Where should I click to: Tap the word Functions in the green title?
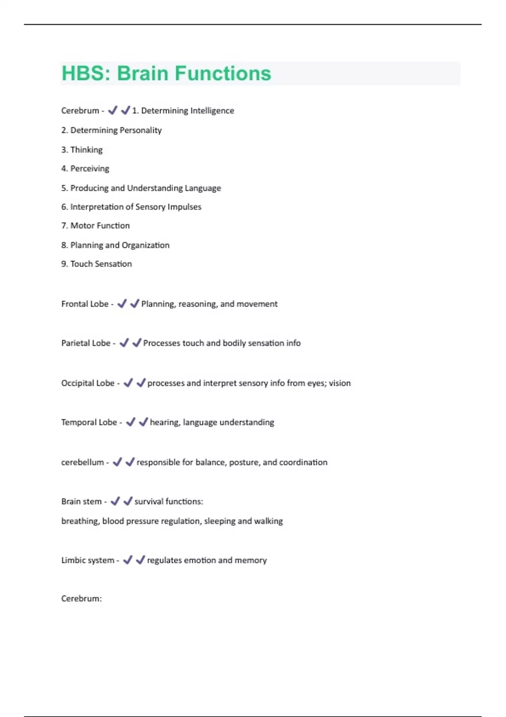point(223,73)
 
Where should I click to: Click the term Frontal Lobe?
point(85,304)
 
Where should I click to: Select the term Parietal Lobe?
point(86,343)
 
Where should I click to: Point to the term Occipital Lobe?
point(88,383)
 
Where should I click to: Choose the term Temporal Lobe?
point(89,423)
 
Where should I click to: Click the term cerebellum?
point(82,462)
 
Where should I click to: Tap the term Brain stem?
point(81,501)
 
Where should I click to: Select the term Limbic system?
point(88,561)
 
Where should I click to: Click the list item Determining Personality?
point(116,130)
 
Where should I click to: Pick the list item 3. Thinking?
point(82,150)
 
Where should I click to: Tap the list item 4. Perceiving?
point(85,169)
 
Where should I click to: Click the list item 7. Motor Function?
point(95,226)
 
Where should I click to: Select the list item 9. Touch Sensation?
point(97,264)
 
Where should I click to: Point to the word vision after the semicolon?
point(340,383)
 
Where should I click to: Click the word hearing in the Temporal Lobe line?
point(164,423)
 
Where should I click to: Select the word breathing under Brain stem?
point(80,521)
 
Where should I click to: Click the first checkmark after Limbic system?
point(128,560)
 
